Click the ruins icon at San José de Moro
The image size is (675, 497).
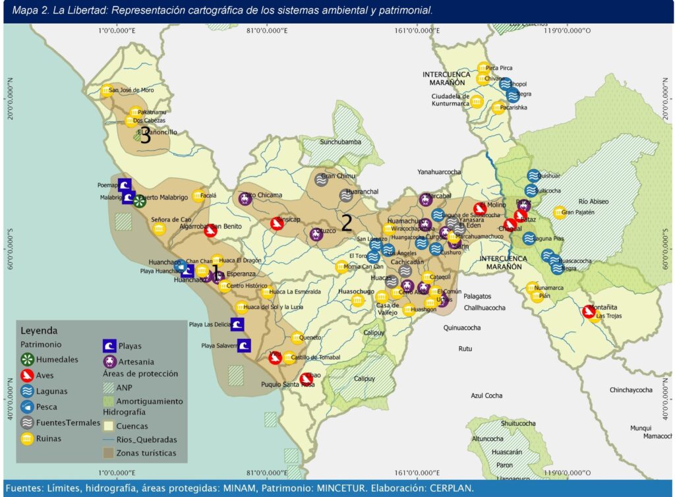[x=106, y=91]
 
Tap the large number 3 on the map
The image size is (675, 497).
[x=145, y=136]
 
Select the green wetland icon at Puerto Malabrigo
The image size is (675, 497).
[x=138, y=201]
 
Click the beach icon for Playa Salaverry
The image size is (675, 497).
[x=244, y=345]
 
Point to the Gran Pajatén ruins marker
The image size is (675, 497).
[x=559, y=212]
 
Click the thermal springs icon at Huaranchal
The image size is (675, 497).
[x=346, y=194]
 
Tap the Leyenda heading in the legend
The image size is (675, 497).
[x=39, y=330]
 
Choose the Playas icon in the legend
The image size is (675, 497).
[x=109, y=345]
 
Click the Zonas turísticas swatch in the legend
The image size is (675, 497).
[x=108, y=453]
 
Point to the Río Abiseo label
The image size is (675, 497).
[x=593, y=201]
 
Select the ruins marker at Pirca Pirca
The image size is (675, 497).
[x=484, y=68]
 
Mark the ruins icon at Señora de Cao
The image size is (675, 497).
[x=159, y=229]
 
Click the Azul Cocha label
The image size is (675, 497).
[x=486, y=395]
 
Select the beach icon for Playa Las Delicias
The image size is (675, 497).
[x=237, y=324]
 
